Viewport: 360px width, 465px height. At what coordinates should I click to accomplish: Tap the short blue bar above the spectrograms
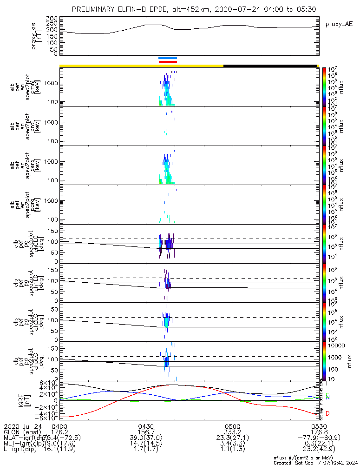click(x=168, y=58)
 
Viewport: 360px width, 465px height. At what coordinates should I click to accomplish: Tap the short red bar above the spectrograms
click(x=168, y=61)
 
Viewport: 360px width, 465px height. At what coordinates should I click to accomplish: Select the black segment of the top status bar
click(x=270, y=66)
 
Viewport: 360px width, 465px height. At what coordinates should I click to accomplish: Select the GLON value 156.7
click(x=146, y=432)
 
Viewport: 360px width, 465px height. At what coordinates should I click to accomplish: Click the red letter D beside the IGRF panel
click(x=328, y=413)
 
